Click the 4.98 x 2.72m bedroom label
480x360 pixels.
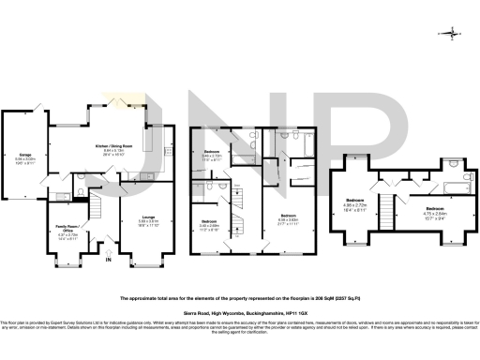355,201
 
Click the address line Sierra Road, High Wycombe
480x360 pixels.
240,317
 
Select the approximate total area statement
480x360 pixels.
240,297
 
